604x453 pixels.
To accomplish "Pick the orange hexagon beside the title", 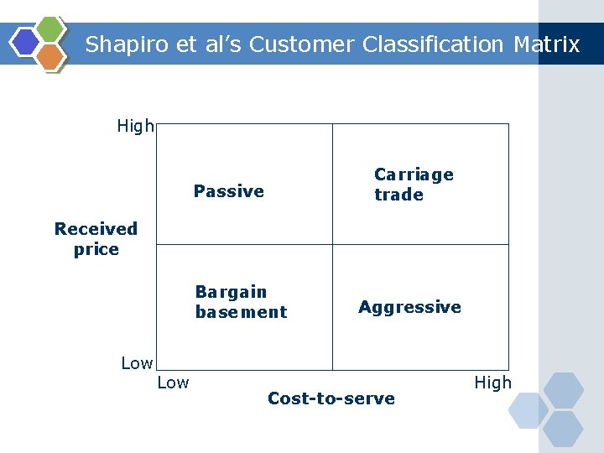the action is [50, 56].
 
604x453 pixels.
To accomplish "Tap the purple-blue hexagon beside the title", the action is [26, 42].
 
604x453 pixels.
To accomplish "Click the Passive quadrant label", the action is [229, 191].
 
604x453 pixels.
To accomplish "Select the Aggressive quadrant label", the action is [409, 307].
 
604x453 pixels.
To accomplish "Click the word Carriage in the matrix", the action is [414, 174].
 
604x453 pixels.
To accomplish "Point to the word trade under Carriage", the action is [398, 195].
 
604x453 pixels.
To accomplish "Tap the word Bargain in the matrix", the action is [231, 292].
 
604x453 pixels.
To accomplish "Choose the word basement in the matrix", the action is [241, 312].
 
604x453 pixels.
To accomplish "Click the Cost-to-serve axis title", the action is [331, 398].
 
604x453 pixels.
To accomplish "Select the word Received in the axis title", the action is [96, 228].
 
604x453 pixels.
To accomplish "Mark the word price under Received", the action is [96, 249].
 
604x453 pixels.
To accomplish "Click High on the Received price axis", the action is [135, 127].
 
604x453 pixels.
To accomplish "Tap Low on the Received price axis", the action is [137, 363].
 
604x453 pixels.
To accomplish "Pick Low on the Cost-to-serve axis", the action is [173, 383].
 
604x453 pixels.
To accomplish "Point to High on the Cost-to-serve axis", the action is [492, 383].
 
